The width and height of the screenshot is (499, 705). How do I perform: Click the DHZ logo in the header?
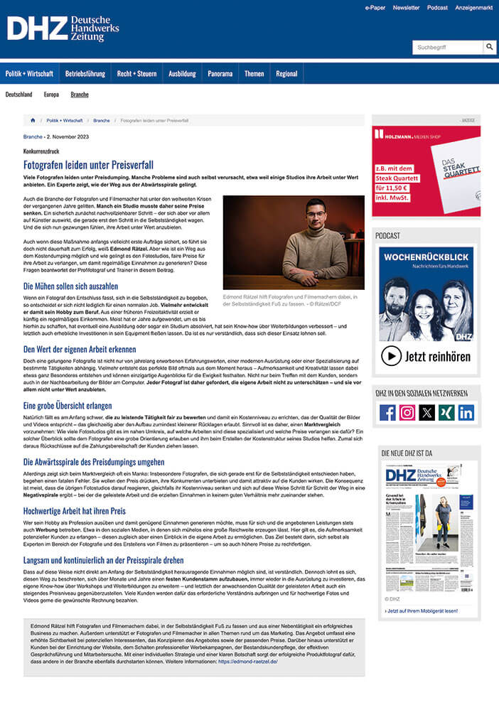pyautogui.click(x=63, y=28)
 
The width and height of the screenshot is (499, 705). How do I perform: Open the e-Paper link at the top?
pyautogui.click(x=375, y=7)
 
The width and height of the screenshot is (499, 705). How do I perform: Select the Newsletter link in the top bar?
pyautogui.click(x=406, y=7)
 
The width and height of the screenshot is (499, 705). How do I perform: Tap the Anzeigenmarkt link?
pyautogui.click(x=473, y=7)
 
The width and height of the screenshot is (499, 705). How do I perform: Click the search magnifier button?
pyautogui.click(x=490, y=47)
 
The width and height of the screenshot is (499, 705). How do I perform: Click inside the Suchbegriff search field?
pyautogui.click(x=448, y=47)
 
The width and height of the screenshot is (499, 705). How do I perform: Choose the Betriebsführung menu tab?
pyautogui.click(x=85, y=73)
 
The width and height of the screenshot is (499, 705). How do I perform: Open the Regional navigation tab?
pyautogui.click(x=286, y=73)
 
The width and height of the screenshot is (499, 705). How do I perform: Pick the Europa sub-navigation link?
pyautogui.click(x=51, y=94)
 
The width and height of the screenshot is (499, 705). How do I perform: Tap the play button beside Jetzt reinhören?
pyautogui.click(x=391, y=355)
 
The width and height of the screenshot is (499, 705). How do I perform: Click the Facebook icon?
pyautogui.click(x=387, y=412)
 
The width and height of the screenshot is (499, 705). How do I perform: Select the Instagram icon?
pyautogui.click(x=407, y=412)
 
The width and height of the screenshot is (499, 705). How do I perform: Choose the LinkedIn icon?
pyautogui.click(x=466, y=412)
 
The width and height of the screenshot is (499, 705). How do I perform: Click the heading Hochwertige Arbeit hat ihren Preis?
pyautogui.click(x=74, y=510)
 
